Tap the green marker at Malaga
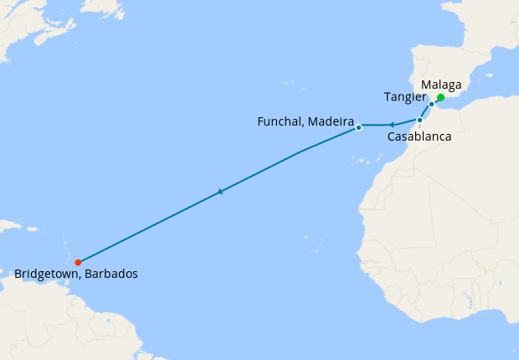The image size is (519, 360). (440, 98)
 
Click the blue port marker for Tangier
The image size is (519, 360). (431, 105)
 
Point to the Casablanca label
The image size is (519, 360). (419, 136)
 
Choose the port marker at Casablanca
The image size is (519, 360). (419, 120)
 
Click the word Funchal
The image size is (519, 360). (280, 122)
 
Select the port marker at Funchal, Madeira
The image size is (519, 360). (358, 127)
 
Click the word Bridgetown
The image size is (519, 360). (46, 274)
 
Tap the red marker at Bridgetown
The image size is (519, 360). (78, 262)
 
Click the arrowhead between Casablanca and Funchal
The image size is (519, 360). (391, 125)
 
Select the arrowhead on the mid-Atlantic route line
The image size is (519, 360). (220, 192)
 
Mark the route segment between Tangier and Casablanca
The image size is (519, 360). (425, 112)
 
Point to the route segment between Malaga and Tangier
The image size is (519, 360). (436, 101)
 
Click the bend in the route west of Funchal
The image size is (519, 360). (301, 152)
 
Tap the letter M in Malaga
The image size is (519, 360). (427, 85)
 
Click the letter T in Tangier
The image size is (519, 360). (388, 97)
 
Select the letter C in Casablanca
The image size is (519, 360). (392, 136)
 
